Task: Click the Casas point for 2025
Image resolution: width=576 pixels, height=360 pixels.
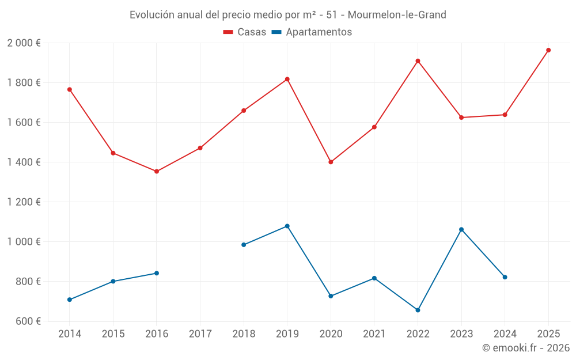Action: tap(548, 50)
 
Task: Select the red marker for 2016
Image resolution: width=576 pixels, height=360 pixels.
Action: tap(157, 171)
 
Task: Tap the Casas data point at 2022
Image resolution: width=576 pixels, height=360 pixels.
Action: tap(418, 61)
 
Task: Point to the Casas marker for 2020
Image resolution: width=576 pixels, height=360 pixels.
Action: tap(331, 162)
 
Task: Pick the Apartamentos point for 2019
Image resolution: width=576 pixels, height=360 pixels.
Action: tap(287, 226)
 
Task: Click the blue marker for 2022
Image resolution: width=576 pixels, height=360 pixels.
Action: tap(418, 310)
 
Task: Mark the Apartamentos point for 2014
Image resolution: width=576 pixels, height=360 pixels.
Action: tap(70, 300)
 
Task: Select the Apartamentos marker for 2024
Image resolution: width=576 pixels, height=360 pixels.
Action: tap(505, 277)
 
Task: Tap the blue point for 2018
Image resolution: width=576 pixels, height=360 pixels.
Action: tap(244, 245)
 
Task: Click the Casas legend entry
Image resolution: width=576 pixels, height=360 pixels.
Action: tap(245, 32)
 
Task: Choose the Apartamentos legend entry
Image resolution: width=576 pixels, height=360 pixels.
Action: tap(312, 32)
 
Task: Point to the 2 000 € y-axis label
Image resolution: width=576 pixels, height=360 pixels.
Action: tap(24, 43)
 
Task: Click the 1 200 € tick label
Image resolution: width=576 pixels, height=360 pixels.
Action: tap(24, 202)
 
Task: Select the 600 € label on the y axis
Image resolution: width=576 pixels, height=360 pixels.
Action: tap(28, 321)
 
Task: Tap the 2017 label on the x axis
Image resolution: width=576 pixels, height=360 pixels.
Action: tap(200, 334)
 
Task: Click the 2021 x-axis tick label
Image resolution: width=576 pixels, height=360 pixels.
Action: tap(374, 334)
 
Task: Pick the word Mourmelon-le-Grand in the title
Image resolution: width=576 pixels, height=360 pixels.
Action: tap(397, 15)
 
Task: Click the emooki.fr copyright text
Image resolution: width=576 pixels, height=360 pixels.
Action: tap(526, 348)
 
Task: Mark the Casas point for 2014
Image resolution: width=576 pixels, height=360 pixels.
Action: tap(70, 89)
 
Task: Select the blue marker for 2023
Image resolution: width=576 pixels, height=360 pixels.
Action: tap(461, 229)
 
